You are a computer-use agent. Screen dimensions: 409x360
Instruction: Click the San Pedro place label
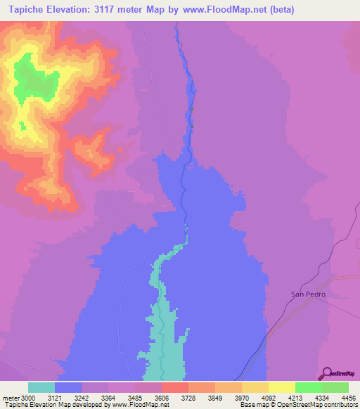[x=309, y=294]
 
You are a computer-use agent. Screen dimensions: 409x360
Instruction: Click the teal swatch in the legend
[x=41, y=387]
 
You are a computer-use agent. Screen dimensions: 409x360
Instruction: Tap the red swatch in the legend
[x=175, y=387]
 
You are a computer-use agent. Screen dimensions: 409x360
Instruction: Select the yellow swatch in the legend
[x=282, y=387]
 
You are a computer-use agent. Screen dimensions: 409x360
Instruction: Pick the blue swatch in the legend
[x=68, y=387]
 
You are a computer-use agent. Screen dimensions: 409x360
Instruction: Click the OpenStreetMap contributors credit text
[x=316, y=405]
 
